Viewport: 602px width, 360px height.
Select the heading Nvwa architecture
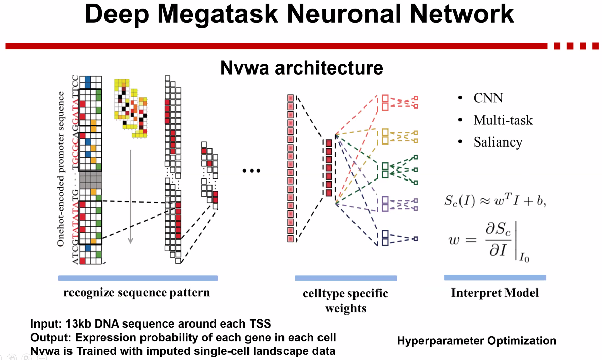click(x=301, y=67)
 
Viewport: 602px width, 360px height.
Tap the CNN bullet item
click(x=488, y=98)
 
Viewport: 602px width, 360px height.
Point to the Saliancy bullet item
click(x=498, y=142)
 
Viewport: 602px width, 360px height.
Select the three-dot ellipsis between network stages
click(x=251, y=171)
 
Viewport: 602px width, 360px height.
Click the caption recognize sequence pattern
click(x=136, y=293)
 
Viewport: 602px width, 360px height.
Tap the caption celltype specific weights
click(x=346, y=300)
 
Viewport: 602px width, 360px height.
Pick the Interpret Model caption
click(x=494, y=293)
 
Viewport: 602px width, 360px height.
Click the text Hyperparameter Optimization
click(x=476, y=341)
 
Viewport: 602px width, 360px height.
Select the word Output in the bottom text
click(x=47, y=337)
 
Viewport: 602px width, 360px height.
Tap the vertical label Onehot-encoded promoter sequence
click(x=61, y=169)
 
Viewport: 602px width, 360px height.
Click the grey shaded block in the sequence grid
click(x=91, y=179)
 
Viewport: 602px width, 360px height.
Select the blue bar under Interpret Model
click(x=494, y=278)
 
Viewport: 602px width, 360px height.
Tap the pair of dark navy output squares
click(x=385, y=238)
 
